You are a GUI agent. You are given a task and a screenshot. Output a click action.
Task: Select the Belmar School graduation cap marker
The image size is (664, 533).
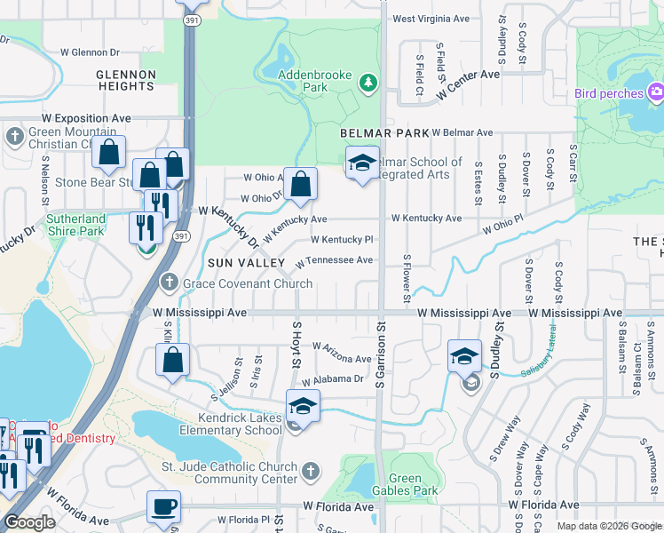pyautogui.click(x=362, y=163)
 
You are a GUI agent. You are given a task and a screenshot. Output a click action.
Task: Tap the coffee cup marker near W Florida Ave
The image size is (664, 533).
pyautogui.click(x=163, y=507)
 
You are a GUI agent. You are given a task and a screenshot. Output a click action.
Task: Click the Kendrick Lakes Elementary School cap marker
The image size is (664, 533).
pyautogui.click(x=303, y=406)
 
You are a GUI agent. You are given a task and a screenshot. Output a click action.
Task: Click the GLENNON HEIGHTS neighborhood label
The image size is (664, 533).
pyautogui.click(x=126, y=80)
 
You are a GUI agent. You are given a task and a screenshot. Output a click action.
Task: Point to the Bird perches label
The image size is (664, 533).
pyautogui.click(x=608, y=93)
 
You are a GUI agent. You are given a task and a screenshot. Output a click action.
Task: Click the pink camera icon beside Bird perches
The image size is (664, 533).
pyautogui.click(x=656, y=91)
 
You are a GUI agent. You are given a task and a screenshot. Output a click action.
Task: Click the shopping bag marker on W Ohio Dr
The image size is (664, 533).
pyautogui.click(x=301, y=185)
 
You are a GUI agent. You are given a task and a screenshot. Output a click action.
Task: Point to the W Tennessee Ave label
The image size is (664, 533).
pyautogui.click(x=334, y=261)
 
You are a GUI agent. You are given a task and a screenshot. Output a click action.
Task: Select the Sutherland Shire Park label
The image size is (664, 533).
pyautogui.click(x=76, y=225)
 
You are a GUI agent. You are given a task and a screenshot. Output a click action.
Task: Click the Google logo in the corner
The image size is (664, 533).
pyautogui.click(x=29, y=522)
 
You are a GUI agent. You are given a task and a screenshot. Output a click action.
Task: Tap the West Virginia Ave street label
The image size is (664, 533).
pyautogui.click(x=431, y=18)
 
